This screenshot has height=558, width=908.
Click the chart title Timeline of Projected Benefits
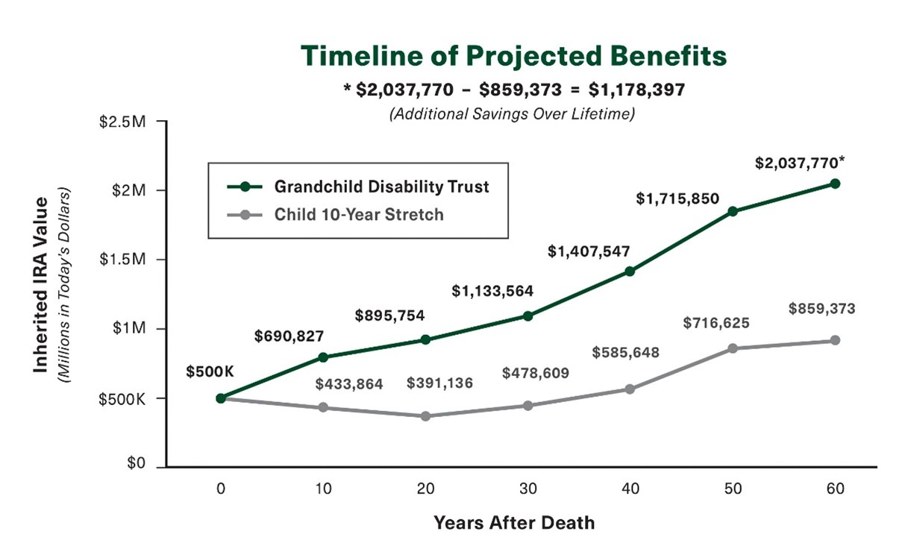(x=513, y=57)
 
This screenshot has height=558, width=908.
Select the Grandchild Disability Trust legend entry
(x=381, y=186)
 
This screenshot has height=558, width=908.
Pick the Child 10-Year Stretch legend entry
(x=358, y=215)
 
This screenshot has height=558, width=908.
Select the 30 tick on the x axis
(x=527, y=489)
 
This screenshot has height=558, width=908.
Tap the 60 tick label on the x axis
(x=835, y=489)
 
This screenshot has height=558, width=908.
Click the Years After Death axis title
(x=514, y=522)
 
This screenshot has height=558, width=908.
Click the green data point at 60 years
(x=835, y=184)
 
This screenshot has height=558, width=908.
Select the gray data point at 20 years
(x=425, y=416)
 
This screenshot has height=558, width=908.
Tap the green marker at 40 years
(x=630, y=272)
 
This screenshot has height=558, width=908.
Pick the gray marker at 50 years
(x=733, y=348)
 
